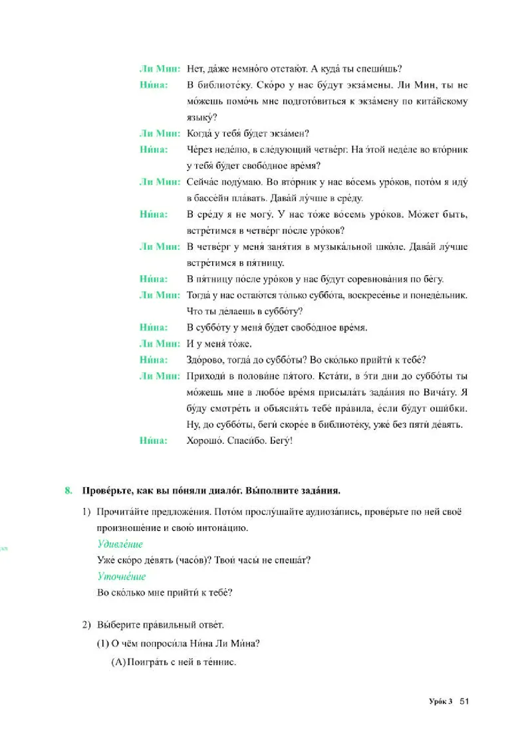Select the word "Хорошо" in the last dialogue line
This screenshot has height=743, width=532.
[x=206, y=439]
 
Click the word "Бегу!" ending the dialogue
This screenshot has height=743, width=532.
[x=280, y=439]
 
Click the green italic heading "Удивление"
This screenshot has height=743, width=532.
[x=120, y=544]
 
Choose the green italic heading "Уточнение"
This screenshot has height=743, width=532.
[x=121, y=576]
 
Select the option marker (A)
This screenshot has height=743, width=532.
[x=117, y=662]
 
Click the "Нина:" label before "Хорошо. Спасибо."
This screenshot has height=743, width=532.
[x=154, y=439]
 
